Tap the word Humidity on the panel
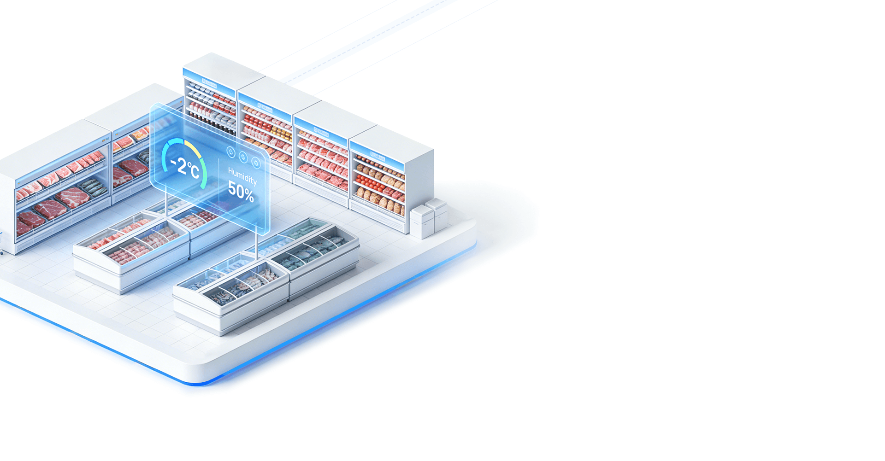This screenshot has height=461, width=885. pyautogui.click(x=242, y=176)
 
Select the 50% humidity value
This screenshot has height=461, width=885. pyautogui.click(x=241, y=191)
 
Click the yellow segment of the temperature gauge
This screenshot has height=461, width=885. pyautogui.click(x=193, y=149)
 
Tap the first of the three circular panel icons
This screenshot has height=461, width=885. pyautogui.click(x=231, y=152)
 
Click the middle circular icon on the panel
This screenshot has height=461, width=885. pyautogui.click(x=243, y=158)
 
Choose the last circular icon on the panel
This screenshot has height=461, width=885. pyautogui.click(x=256, y=164)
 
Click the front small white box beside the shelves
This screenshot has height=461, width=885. pyautogui.click(x=421, y=222)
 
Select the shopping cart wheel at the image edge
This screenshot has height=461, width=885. pyautogui.click(x=1, y=252)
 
